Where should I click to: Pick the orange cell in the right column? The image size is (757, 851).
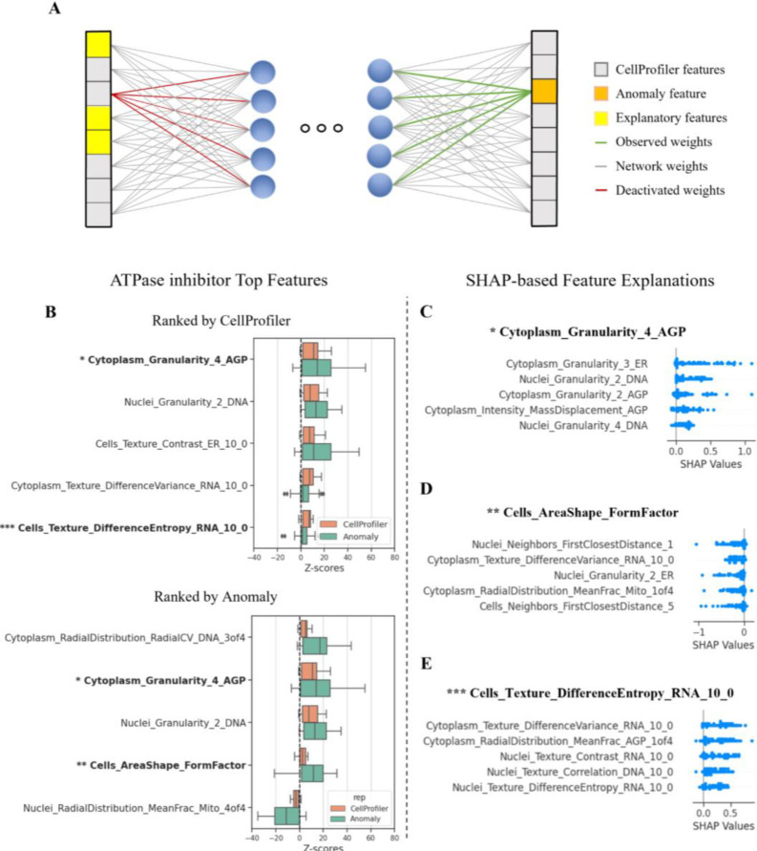click(544, 91)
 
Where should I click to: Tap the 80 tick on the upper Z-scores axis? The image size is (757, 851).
click(394, 559)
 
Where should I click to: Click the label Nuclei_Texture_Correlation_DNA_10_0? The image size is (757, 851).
click(578, 772)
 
